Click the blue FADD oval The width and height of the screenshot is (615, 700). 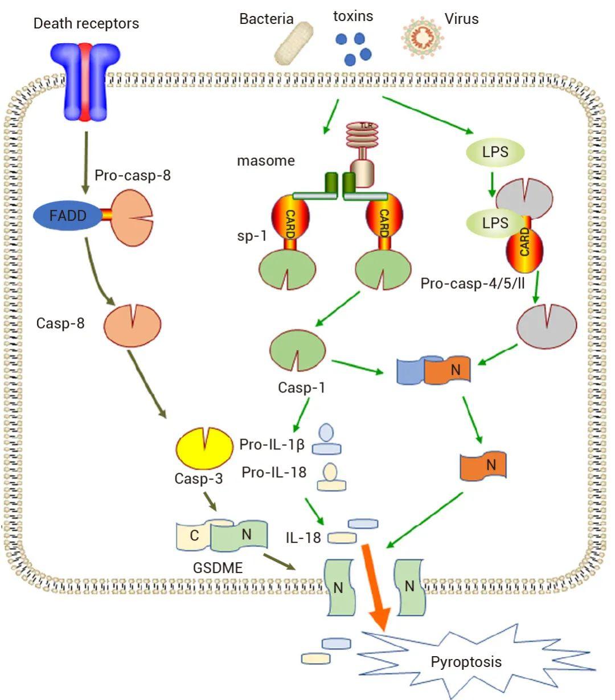(x=68, y=215)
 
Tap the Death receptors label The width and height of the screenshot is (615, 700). (x=86, y=23)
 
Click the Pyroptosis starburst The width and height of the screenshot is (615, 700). (x=466, y=661)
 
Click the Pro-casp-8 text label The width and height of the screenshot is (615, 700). (x=133, y=175)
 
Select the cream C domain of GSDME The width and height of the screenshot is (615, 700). (x=194, y=535)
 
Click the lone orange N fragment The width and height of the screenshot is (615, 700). (x=483, y=465)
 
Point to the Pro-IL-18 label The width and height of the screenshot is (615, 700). (x=273, y=472)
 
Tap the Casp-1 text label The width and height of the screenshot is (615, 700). (x=301, y=388)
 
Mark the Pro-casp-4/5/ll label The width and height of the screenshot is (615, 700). (x=473, y=283)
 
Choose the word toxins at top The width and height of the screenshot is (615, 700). (x=353, y=16)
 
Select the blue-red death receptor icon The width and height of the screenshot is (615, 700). (x=85, y=80)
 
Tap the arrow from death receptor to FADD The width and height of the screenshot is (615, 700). (x=85, y=162)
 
